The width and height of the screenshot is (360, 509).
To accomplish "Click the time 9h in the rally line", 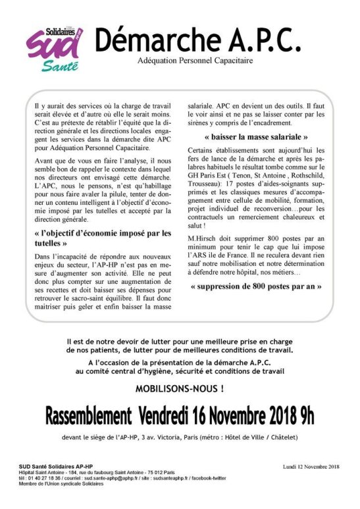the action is (305, 416).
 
